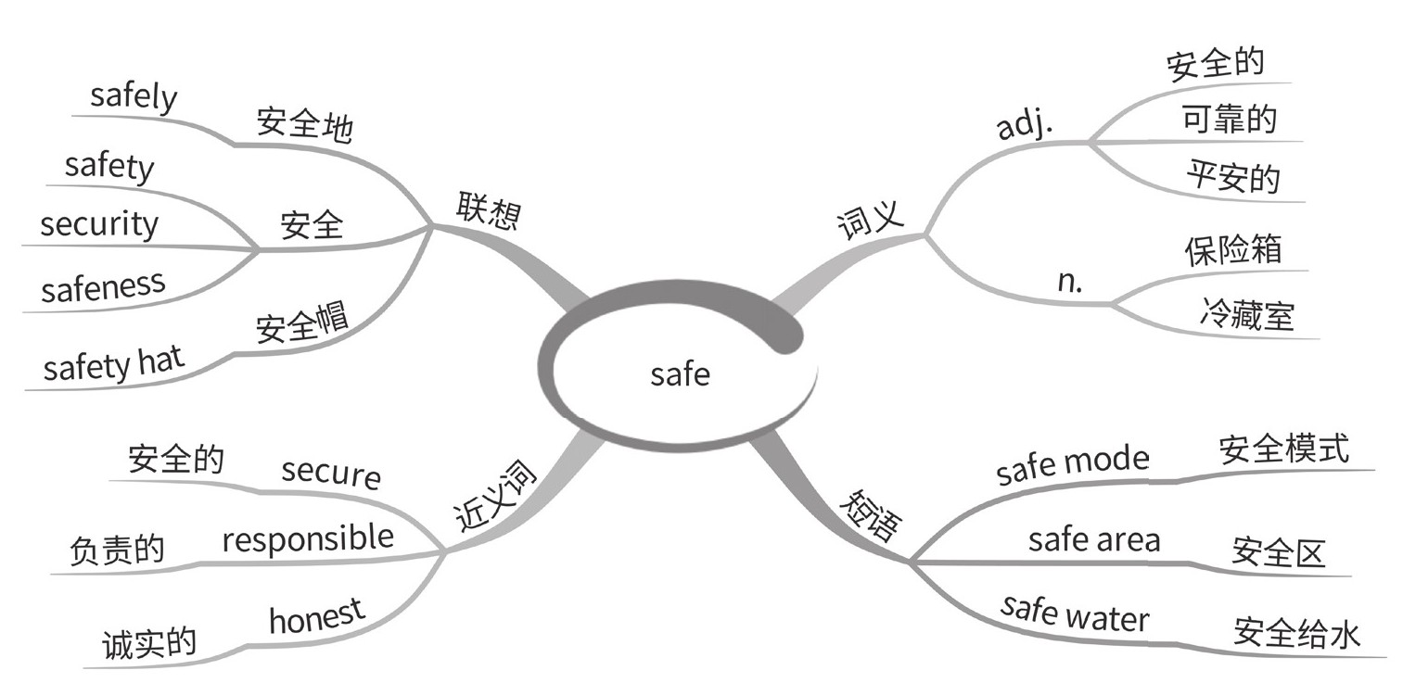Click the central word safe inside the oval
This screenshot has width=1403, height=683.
click(680, 374)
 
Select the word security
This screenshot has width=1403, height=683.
click(99, 224)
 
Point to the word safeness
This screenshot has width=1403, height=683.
click(103, 286)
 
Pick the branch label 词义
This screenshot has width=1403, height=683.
click(870, 221)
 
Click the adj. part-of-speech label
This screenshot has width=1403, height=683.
click(1025, 126)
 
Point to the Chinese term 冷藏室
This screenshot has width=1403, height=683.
click(1245, 316)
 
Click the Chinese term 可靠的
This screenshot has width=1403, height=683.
click(1230, 119)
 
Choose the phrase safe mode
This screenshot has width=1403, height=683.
click(1072, 464)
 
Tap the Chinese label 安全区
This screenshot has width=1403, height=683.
click(1279, 552)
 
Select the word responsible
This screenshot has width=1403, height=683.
click(308, 538)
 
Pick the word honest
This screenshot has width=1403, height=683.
click(317, 616)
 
